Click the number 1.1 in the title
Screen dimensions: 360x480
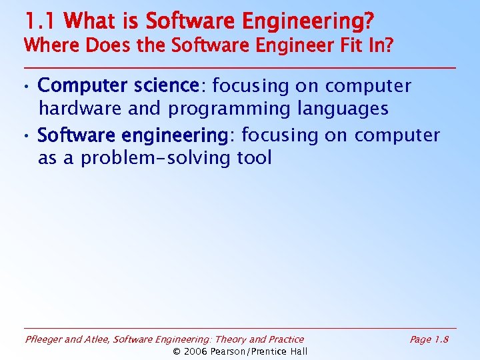[41, 21]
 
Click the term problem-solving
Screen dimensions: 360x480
[157, 158]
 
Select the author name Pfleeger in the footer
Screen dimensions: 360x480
[45, 339]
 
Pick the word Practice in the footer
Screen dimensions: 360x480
[285, 339]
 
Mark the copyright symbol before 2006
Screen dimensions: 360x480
[177, 351]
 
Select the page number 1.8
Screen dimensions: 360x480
[440, 339]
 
